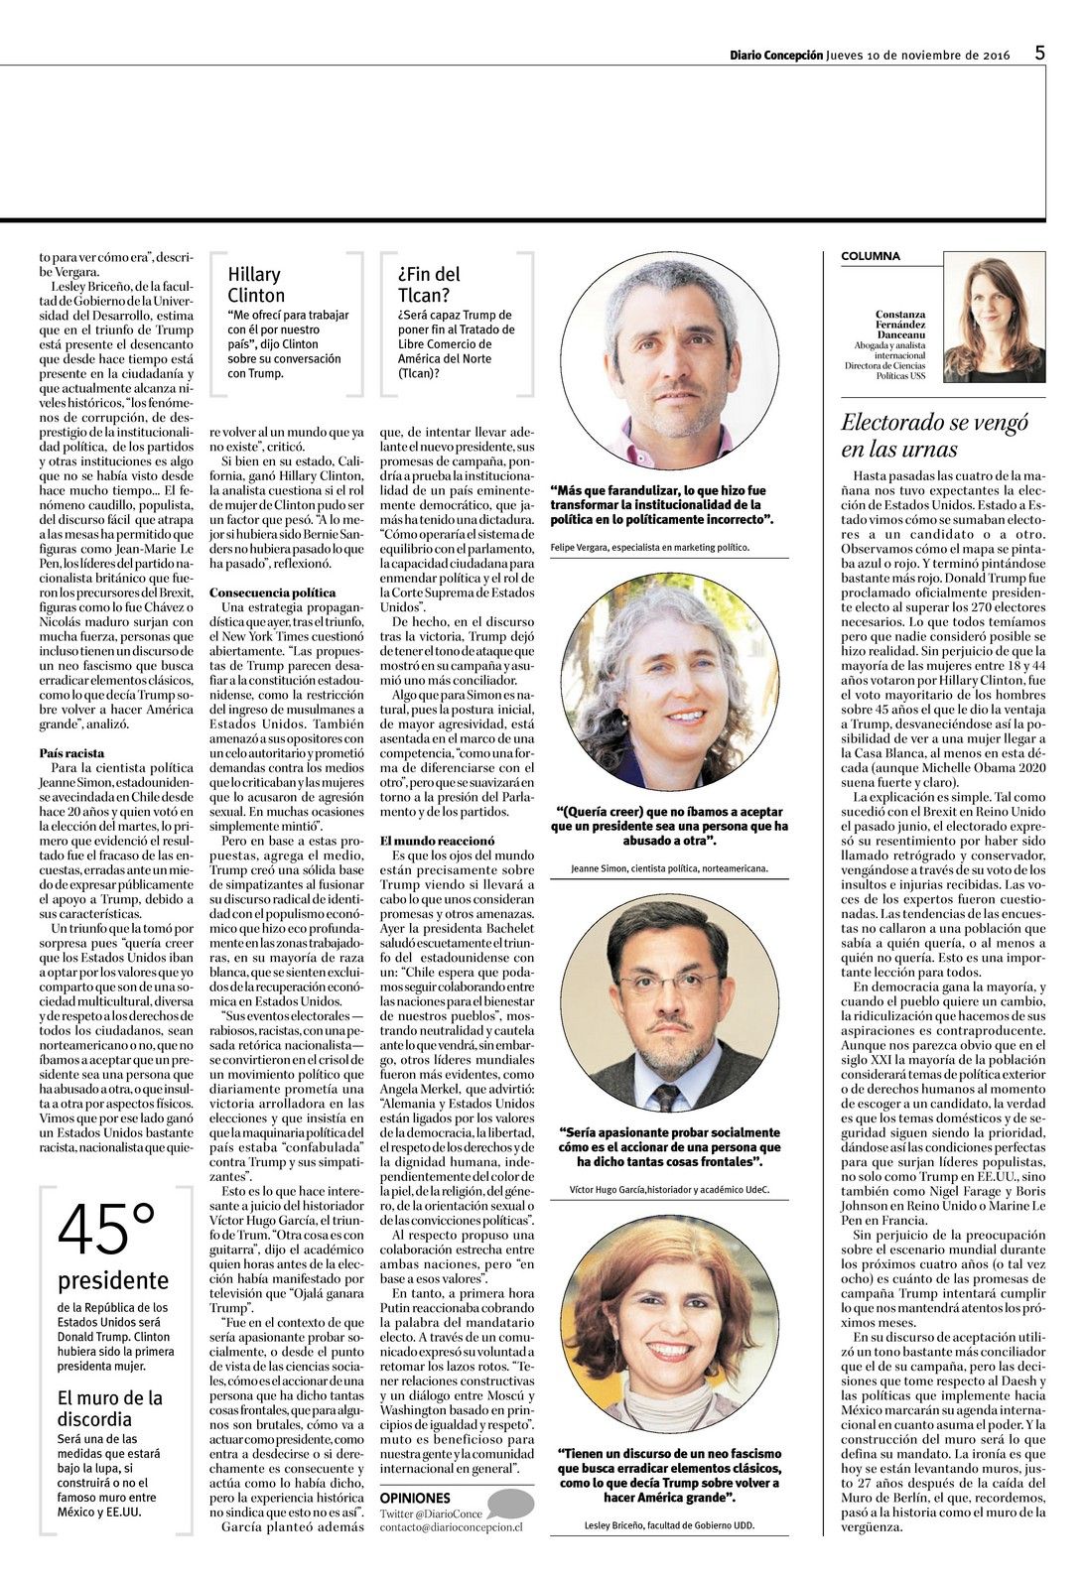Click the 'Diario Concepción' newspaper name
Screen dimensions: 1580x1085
click(775, 56)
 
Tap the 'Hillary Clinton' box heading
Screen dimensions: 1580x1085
click(256, 285)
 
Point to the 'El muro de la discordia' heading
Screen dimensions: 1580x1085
click(109, 1408)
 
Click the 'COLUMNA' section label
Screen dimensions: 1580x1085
click(871, 256)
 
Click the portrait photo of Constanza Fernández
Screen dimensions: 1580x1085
click(993, 320)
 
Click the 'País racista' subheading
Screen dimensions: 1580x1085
click(71, 753)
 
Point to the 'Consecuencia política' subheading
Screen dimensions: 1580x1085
click(272, 592)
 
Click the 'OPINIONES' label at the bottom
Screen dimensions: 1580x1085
click(414, 1498)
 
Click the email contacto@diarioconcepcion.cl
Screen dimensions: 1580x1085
click(451, 1527)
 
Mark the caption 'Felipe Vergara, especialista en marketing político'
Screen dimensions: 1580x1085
click(649, 547)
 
